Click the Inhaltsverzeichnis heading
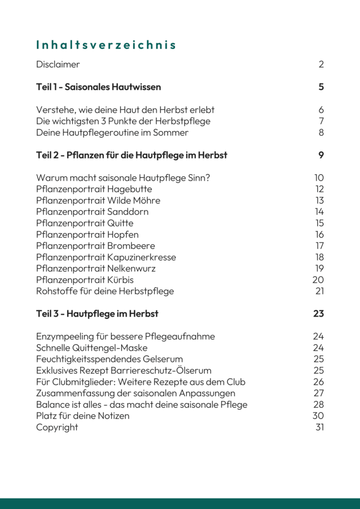pos(106,45)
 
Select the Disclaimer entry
pos(58,65)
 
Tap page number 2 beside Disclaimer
pos(321,65)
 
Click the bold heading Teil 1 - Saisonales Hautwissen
pos(98,87)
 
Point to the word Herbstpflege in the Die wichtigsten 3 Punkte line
pos(183,121)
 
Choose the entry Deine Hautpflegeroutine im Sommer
pos(112,133)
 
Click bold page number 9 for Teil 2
pos(321,155)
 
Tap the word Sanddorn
pos(128,212)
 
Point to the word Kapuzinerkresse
pos(142,257)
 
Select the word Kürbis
pos(120,280)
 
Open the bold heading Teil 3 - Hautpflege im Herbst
pos(97,314)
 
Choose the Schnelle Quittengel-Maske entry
pos(92,348)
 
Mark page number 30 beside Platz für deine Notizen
pos(318,416)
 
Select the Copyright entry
pos(57,427)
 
